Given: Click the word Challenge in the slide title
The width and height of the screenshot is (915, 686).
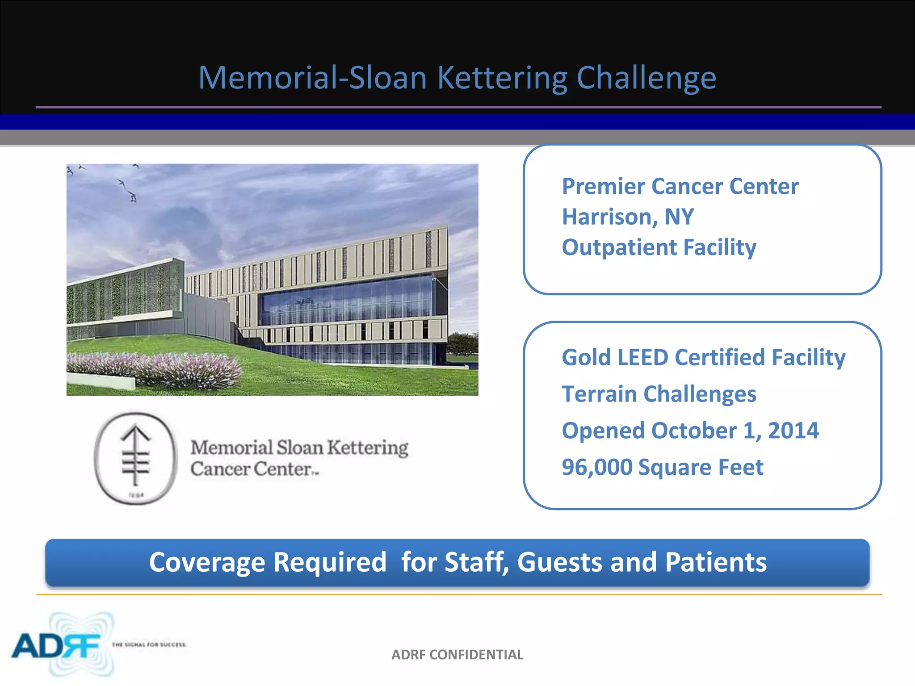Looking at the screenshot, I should pyautogui.click(x=646, y=79).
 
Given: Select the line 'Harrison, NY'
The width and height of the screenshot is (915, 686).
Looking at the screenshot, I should pyautogui.click(x=628, y=217).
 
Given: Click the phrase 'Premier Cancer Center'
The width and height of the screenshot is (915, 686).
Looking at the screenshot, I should pyautogui.click(x=680, y=187).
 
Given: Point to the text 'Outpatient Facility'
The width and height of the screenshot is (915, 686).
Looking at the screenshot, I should pyautogui.click(x=659, y=247).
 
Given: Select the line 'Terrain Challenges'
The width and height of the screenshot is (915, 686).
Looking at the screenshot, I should pyautogui.click(x=659, y=394).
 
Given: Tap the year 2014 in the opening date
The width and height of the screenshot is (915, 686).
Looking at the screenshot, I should pyautogui.click(x=793, y=431).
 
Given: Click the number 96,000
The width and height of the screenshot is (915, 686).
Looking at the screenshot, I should pyautogui.click(x=597, y=468).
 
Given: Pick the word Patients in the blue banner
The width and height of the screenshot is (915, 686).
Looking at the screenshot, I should pyautogui.click(x=715, y=562).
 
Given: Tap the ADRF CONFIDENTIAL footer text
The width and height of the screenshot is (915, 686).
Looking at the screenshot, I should pyautogui.click(x=457, y=655).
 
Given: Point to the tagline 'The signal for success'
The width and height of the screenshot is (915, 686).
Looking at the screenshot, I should pyautogui.click(x=149, y=644).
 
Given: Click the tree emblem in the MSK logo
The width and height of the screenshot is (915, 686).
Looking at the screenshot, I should pyautogui.click(x=136, y=456).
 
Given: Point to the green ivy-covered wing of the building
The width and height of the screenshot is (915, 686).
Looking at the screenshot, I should pyautogui.click(x=121, y=295).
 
